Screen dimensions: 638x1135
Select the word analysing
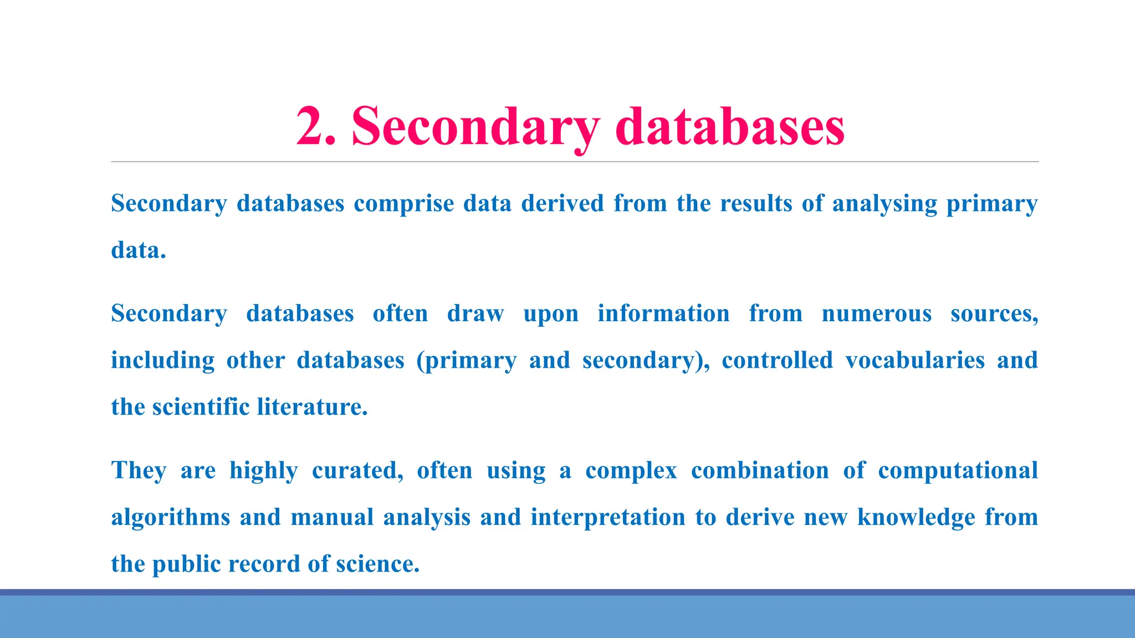coord(884,204)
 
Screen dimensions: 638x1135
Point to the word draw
coord(476,313)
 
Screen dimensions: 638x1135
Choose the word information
coord(663,313)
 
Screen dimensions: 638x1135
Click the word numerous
coord(877,314)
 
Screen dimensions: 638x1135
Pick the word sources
coord(994,314)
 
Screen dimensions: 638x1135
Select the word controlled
coord(777,360)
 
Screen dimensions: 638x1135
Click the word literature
coord(312,407)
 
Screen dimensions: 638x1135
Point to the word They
coord(139,471)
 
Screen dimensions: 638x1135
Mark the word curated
coord(357,471)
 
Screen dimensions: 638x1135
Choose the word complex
coord(631,471)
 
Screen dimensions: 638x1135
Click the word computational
coord(958,471)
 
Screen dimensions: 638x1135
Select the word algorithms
coord(171,518)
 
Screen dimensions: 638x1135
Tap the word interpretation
coord(608,518)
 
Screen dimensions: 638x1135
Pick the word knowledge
coord(916,518)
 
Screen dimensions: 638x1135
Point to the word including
coord(162,361)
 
